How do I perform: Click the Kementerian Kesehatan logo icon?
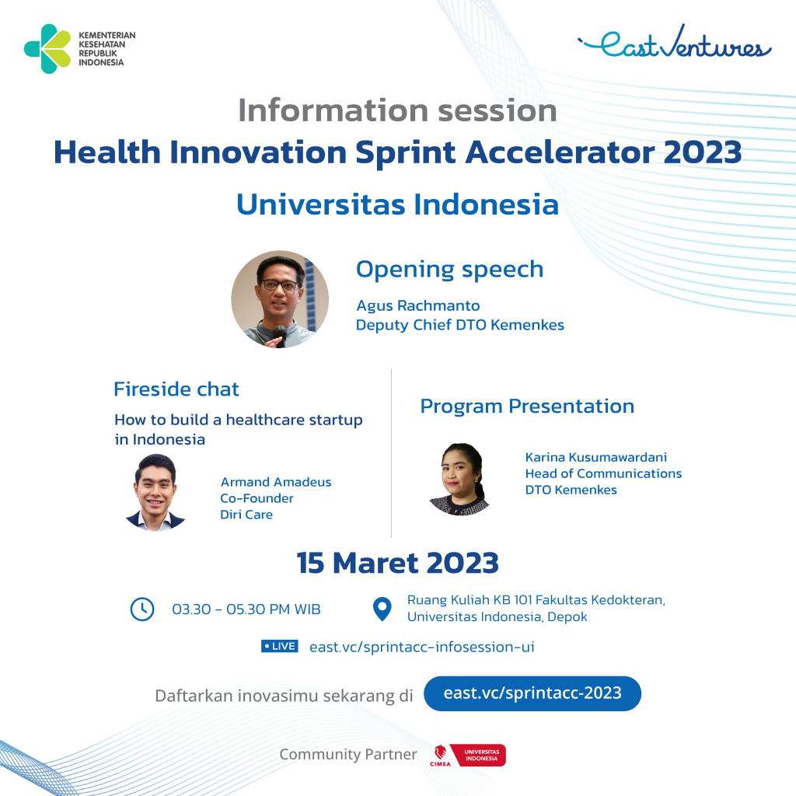pyautogui.click(x=47, y=49)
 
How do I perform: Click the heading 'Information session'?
pyautogui.click(x=397, y=110)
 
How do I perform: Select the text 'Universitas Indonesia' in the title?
pyautogui.click(x=397, y=204)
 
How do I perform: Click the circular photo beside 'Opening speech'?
pyautogui.click(x=280, y=299)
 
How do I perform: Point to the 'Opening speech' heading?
pyautogui.click(x=449, y=269)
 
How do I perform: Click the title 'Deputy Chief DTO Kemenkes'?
pyautogui.click(x=459, y=325)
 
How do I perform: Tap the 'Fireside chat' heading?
pyautogui.click(x=176, y=389)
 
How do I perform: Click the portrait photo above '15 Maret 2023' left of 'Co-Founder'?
pyautogui.click(x=155, y=493)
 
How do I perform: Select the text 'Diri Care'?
pyautogui.click(x=246, y=515)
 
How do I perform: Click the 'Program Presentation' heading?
pyautogui.click(x=527, y=406)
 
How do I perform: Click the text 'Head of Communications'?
pyautogui.click(x=603, y=473)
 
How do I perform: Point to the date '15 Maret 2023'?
pyautogui.click(x=397, y=563)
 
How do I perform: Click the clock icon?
pyautogui.click(x=142, y=609)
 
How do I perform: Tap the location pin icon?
pyautogui.click(x=382, y=609)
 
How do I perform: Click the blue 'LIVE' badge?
pyautogui.click(x=280, y=646)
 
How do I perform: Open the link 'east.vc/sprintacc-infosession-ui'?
pyautogui.click(x=421, y=647)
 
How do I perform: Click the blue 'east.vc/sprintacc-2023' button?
pyautogui.click(x=532, y=693)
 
